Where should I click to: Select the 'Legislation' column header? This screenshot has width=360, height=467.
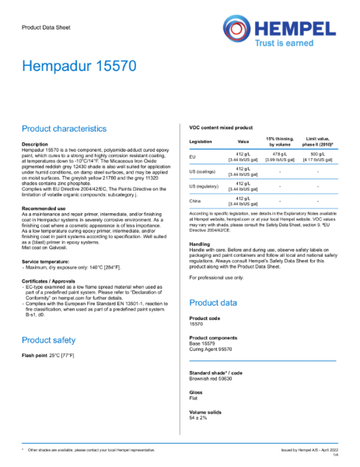click(201, 142)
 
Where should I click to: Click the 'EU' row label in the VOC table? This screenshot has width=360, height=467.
click(192, 157)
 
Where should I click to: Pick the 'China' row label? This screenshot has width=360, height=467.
click(194, 201)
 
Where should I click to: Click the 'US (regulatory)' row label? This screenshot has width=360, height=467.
click(204, 186)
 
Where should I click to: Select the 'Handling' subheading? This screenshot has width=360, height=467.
click(200, 244)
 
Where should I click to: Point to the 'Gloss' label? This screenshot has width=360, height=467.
click(196, 392)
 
